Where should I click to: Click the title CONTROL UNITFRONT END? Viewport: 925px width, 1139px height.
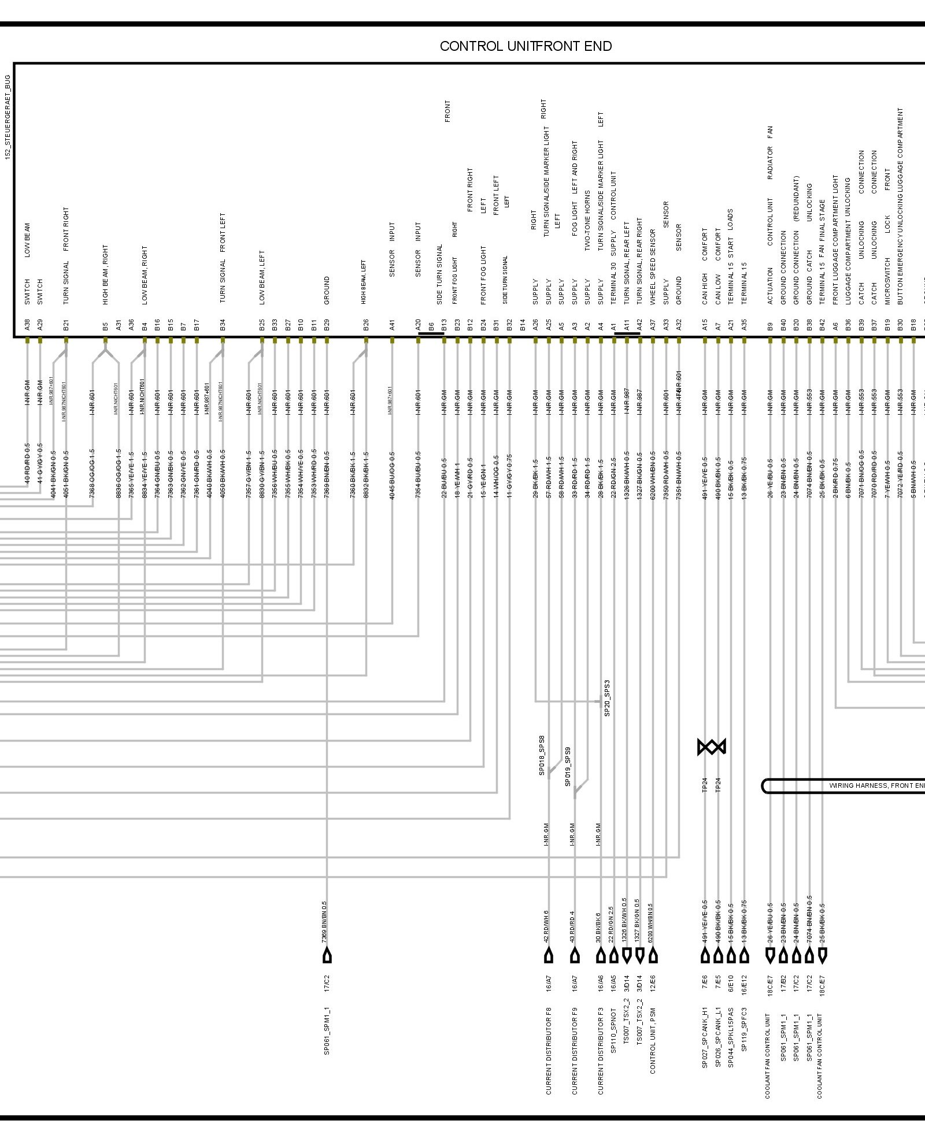(x=526, y=47)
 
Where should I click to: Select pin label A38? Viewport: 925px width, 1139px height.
(x=27, y=325)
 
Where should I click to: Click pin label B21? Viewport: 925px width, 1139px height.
(x=66, y=325)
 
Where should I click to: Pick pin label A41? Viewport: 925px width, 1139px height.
(x=392, y=325)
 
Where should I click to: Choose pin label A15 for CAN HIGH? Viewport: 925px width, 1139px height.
(x=705, y=325)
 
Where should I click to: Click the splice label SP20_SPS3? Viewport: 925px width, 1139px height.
(x=607, y=698)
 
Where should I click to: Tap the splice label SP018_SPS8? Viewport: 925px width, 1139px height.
(x=542, y=755)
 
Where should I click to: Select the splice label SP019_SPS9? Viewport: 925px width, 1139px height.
(x=568, y=766)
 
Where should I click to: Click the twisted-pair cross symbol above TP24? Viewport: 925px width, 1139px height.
(x=712, y=747)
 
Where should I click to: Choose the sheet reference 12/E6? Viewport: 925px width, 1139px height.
(x=653, y=983)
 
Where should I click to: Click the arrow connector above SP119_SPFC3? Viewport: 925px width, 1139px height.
(x=744, y=956)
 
